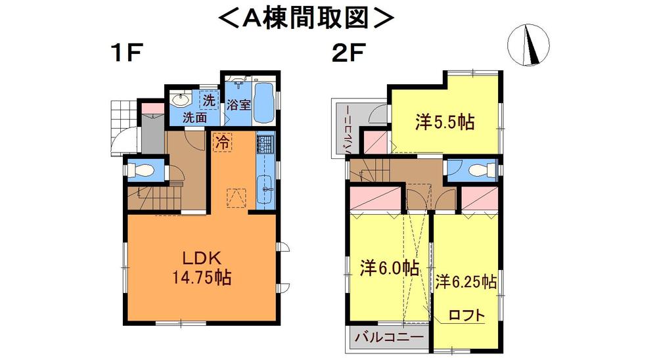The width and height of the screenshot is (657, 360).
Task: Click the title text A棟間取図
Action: (306, 18)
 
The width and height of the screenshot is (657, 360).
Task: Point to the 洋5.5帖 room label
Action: (445, 122)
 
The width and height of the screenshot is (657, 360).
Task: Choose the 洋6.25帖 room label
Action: (465, 281)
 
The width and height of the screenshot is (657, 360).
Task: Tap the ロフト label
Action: (467, 315)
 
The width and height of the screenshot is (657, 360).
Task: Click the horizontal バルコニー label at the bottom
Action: (390, 338)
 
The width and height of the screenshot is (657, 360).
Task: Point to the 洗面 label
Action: (195, 118)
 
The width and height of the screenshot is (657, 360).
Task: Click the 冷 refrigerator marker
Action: (223, 141)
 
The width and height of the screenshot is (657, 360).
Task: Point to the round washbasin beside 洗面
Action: (179, 101)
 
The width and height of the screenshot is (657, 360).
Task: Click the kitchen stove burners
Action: (265, 143)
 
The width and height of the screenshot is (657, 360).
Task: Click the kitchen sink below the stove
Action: (266, 187)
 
